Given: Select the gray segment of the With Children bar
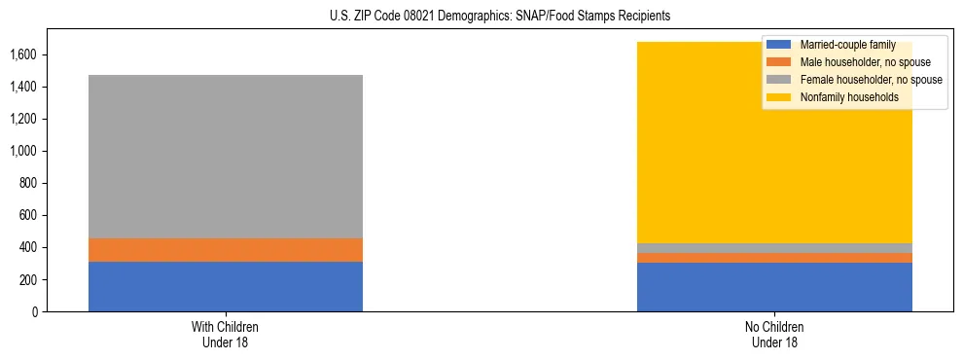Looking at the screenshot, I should (225, 156).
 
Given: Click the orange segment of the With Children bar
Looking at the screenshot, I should (225, 250).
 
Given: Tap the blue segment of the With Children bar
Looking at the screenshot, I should (225, 286).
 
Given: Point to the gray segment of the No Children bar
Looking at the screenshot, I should (774, 248).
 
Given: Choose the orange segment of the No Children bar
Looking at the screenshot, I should (774, 258).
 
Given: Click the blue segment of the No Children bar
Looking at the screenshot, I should (774, 287).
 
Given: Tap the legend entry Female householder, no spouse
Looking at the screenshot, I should (868, 80).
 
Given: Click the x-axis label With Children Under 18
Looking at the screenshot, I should (225, 334).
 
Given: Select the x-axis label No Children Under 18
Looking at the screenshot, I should (774, 334).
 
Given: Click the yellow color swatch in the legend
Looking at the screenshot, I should (780, 97).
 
